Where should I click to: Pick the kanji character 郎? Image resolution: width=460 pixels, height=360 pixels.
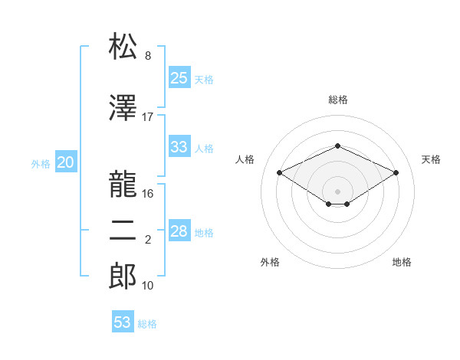tap(123, 277)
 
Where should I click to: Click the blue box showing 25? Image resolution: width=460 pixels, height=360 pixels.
tap(179, 78)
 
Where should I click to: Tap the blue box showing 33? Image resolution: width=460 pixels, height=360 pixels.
tap(179, 147)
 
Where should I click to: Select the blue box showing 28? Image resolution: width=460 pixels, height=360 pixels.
tap(179, 231)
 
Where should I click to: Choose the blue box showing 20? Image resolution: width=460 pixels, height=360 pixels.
tap(65, 162)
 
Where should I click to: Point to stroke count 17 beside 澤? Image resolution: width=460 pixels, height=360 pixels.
tap(148, 117)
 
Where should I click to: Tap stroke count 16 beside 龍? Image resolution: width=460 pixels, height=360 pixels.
tap(148, 194)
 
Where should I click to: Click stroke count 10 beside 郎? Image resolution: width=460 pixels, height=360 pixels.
tap(148, 286)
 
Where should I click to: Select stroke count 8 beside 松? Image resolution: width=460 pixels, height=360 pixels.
tap(148, 56)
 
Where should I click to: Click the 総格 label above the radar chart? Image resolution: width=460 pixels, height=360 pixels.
tap(337, 100)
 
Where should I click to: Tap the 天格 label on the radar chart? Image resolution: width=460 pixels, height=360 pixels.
tap(431, 159)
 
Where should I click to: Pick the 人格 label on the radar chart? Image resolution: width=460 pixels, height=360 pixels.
tap(245, 159)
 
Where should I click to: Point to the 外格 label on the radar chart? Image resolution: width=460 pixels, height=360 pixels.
tap(270, 262)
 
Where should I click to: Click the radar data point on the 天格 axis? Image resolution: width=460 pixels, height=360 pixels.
tap(396, 172)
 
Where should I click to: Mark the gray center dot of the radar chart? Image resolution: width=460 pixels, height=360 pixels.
tap(337, 190)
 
